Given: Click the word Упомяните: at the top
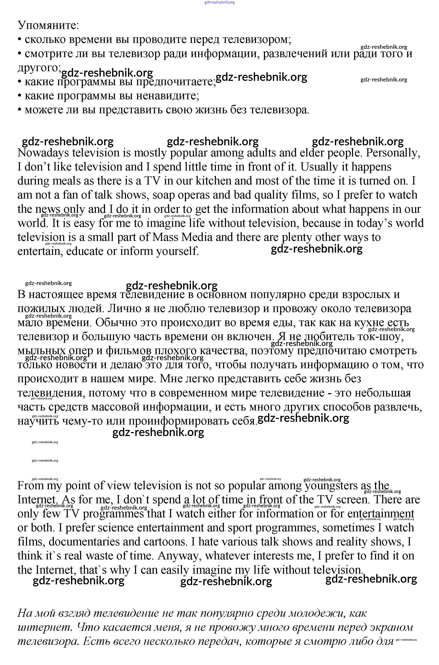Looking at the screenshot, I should [48, 25].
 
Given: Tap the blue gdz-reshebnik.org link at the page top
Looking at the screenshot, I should [219, 2].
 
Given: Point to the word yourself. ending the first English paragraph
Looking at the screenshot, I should [178, 251].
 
